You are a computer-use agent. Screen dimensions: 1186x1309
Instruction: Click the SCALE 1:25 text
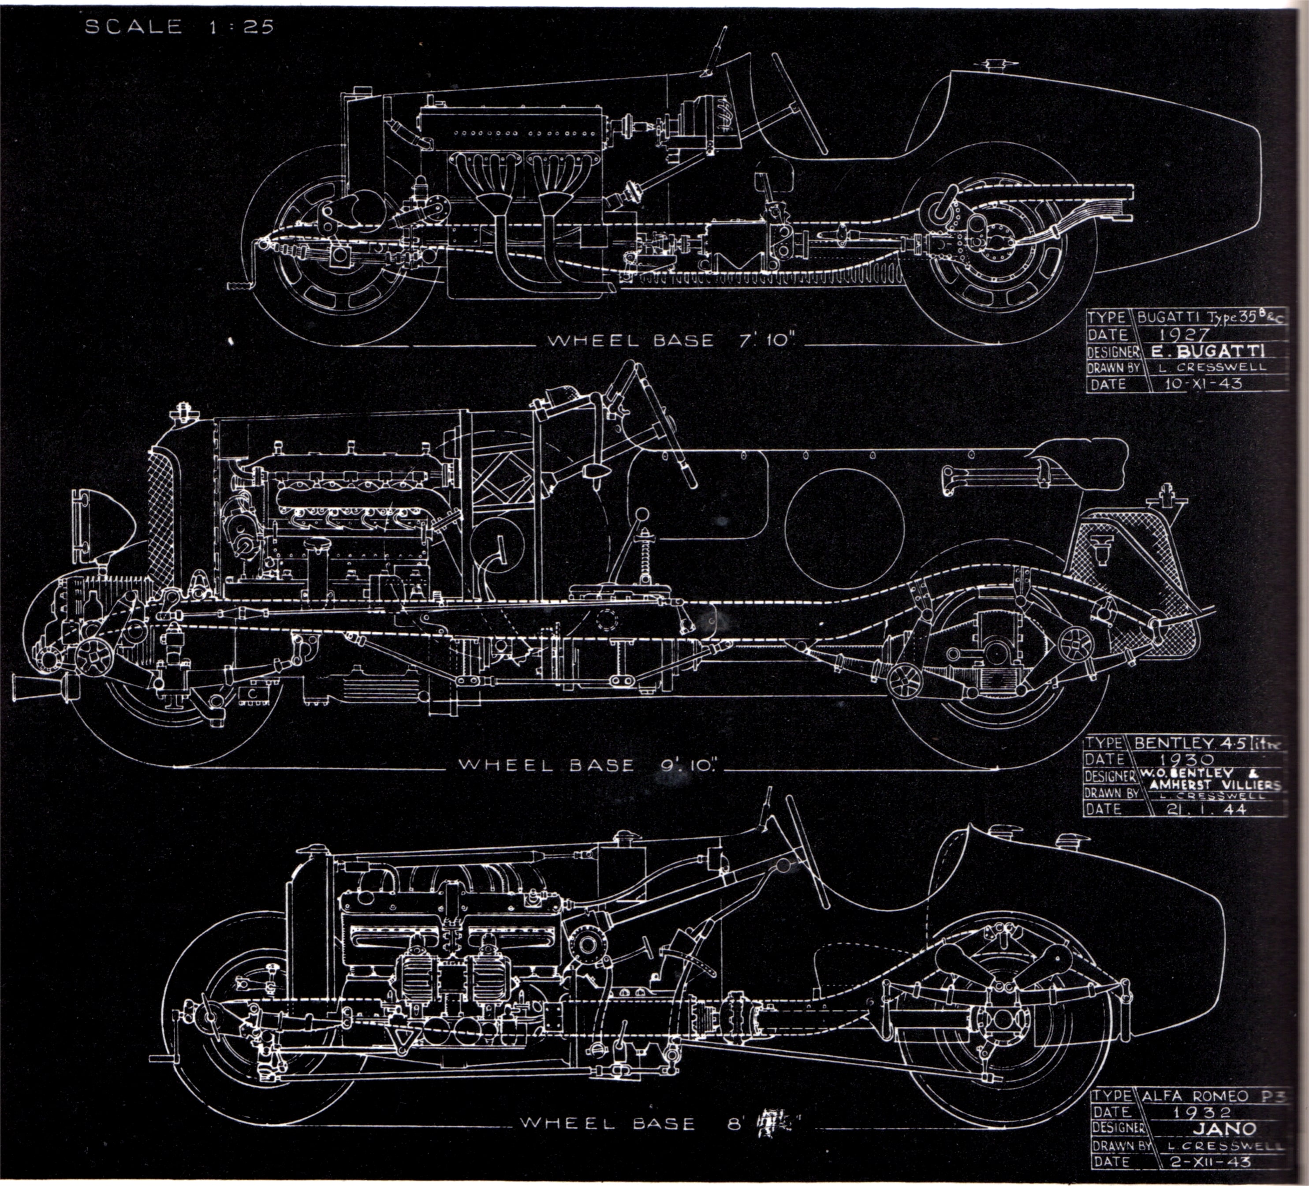click(x=179, y=26)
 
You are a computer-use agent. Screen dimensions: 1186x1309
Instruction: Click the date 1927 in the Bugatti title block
click(x=1185, y=334)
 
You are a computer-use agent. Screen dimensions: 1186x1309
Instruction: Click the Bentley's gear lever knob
click(x=641, y=514)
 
